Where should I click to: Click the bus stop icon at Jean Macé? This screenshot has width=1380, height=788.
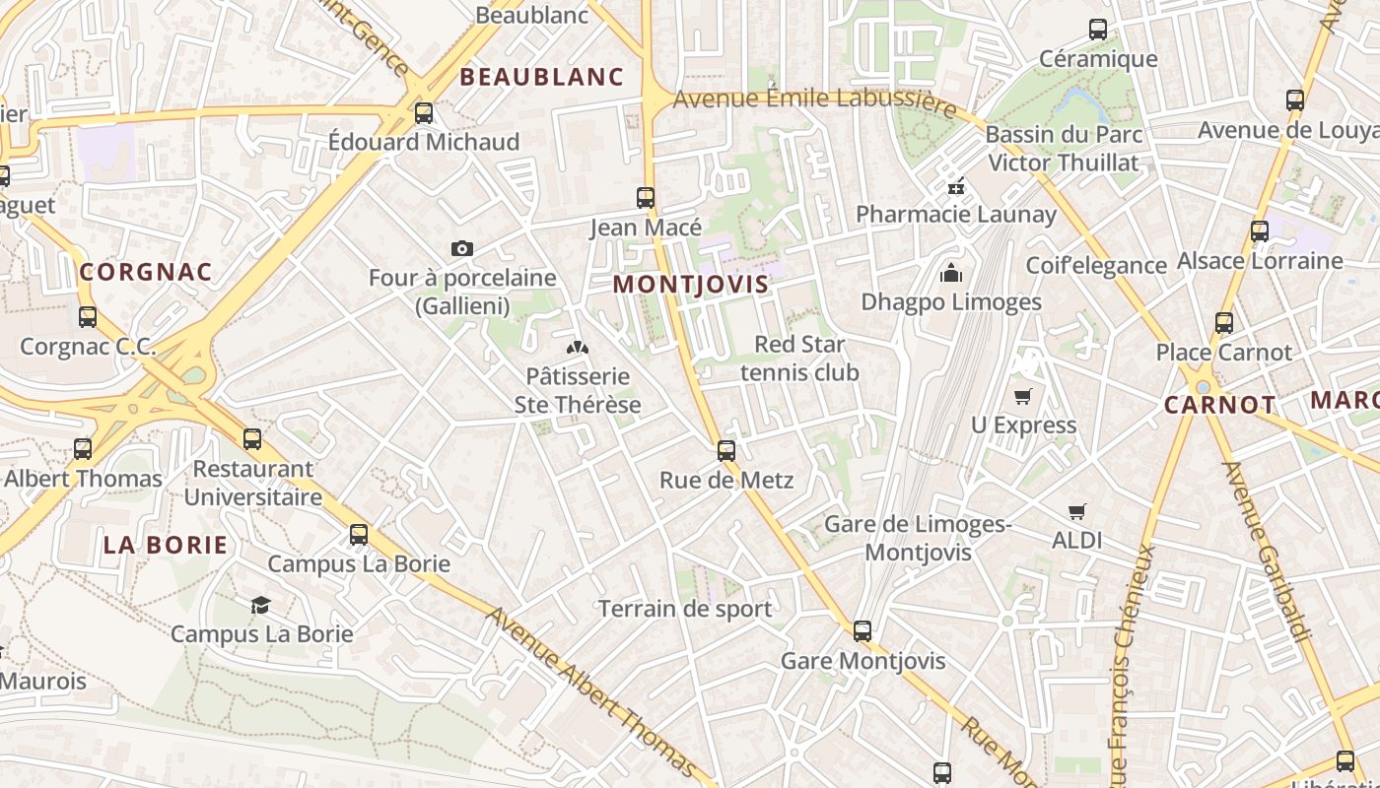click(x=646, y=198)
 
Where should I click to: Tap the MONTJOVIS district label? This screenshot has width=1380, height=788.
click(x=690, y=285)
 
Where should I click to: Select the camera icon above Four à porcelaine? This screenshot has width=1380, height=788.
click(x=461, y=249)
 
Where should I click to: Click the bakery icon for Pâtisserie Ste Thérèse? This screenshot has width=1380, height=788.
click(x=577, y=347)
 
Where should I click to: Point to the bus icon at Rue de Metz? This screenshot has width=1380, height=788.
click(x=726, y=451)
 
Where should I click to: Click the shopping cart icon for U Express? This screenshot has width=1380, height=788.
click(x=1023, y=396)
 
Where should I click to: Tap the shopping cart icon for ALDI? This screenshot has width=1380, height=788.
click(x=1076, y=511)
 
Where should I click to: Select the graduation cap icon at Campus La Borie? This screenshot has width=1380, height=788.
click(x=260, y=605)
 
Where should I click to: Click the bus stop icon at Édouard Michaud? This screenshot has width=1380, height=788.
click(x=424, y=113)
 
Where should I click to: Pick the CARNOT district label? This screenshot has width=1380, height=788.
click(x=1219, y=405)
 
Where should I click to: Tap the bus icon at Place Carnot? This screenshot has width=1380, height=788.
click(x=1224, y=323)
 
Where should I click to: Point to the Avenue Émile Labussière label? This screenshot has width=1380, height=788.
click(x=814, y=99)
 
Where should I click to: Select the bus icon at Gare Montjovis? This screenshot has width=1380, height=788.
click(x=862, y=631)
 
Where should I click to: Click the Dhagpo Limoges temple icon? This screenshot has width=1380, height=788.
click(x=951, y=273)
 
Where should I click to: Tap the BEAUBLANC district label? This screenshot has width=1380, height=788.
click(x=542, y=77)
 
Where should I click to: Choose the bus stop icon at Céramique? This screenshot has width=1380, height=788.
click(x=1098, y=30)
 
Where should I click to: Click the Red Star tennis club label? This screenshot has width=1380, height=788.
click(x=799, y=359)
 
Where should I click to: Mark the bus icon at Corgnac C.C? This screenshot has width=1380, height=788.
click(x=88, y=317)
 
